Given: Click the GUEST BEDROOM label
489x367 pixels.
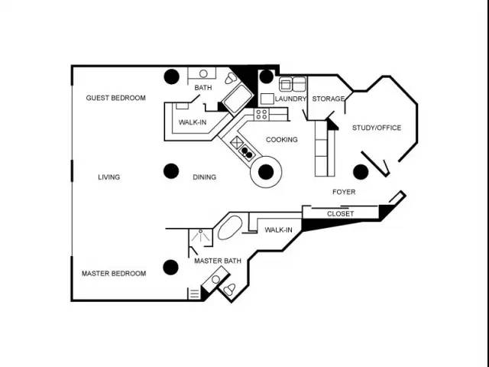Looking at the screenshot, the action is click(115, 98).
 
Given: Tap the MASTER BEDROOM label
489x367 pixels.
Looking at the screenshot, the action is click(114, 274).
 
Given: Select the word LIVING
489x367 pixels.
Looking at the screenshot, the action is click(108, 177).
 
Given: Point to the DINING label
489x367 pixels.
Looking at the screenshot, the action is click(204, 177).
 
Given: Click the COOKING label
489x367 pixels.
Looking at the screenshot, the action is click(282, 139).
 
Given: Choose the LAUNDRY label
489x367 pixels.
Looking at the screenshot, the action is click(290, 99).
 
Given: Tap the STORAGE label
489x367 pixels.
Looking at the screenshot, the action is click(328, 99).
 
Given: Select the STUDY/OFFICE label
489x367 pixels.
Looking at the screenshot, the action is click(377, 128).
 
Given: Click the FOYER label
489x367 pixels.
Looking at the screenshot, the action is click(344, 192).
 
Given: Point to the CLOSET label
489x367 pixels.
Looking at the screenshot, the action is click(340, 214).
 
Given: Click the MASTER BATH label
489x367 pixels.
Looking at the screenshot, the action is click(218, 261).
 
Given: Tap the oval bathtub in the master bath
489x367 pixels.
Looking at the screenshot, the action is click(230, 228).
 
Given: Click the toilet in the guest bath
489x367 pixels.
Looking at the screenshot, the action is click(231, 78).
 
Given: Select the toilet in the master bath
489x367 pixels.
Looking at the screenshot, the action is click(229, 289).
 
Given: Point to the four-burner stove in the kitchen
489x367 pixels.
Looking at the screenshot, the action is click(261, 114).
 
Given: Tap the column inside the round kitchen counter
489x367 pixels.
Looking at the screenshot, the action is click(266, 171).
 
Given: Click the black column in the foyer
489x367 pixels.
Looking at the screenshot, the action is click(361, 171).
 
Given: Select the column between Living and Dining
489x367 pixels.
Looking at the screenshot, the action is click(171, 171).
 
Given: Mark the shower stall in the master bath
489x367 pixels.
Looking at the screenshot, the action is click(200, 238).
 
